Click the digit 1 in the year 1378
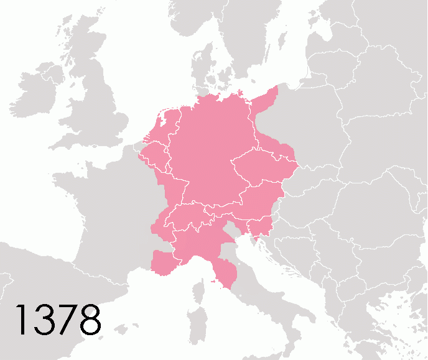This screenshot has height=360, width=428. (x=21, y=319)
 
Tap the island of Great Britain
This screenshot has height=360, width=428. (x=100, y=106)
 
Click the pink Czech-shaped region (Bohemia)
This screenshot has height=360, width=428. (x=256, y=168)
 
